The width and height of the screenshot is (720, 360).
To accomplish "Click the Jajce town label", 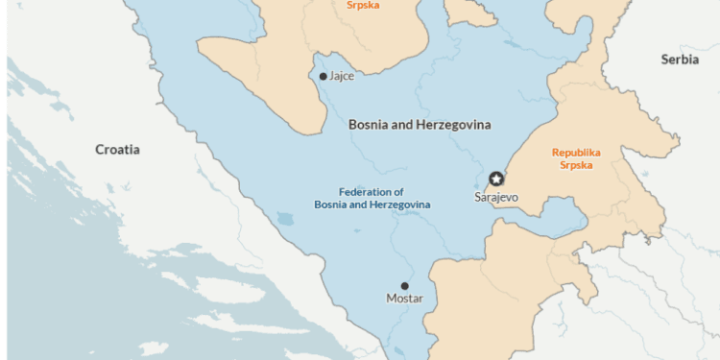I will (x=341, y=76).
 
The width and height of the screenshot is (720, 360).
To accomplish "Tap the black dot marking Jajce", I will (x=323, y=76).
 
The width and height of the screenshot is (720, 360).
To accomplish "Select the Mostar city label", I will (x=404, y=299).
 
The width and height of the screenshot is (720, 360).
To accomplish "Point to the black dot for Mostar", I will (x=404, y=285).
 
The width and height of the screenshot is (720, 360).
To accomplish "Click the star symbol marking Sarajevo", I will (x=496, y=179).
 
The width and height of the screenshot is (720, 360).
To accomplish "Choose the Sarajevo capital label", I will (x=496, y=197).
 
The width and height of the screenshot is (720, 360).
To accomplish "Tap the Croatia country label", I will (x=117, y=150).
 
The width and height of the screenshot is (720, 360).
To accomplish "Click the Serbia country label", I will (x=680, y=60).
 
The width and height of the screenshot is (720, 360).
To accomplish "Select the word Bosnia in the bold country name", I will (x=368, y=125).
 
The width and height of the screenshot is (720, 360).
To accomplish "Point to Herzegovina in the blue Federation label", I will (x=400, y=204).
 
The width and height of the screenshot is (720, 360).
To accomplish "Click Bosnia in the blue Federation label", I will (x=330, y=204).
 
